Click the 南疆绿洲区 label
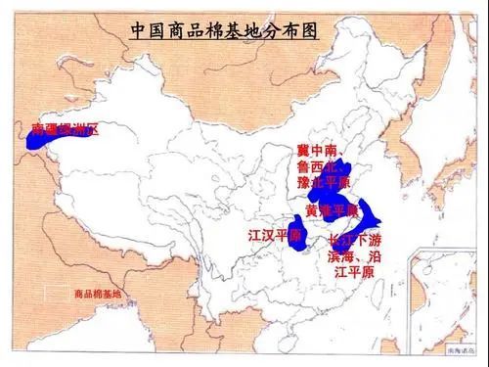point(66,130)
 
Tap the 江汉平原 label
point(275,236)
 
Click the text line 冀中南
point(317,151)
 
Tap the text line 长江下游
point(356,240)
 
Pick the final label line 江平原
point(354,271)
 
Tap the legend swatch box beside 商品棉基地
point(60,294)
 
